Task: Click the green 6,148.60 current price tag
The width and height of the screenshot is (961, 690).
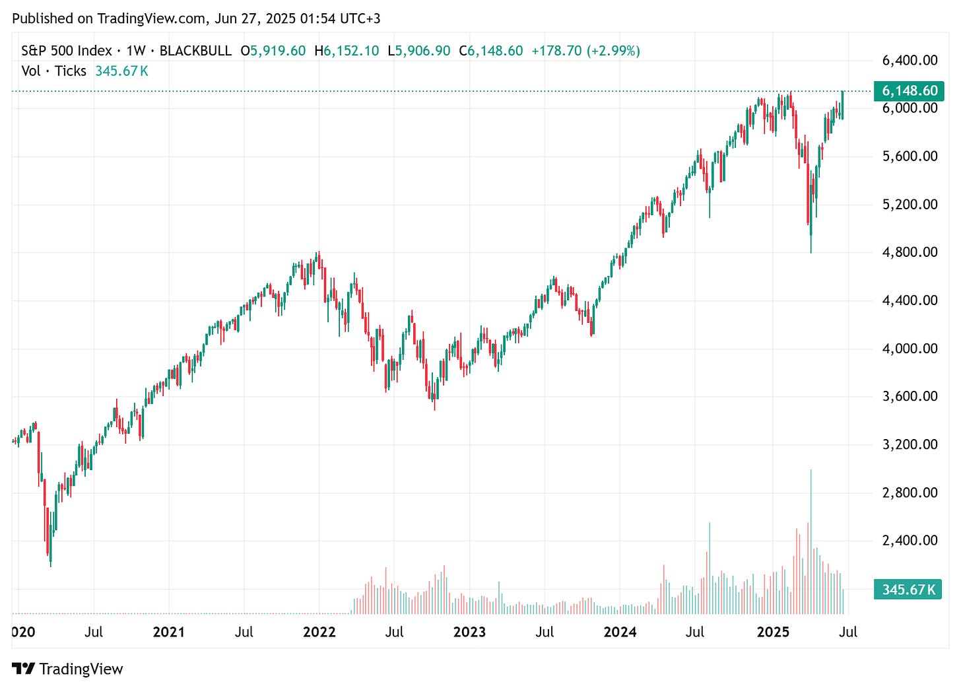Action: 908,91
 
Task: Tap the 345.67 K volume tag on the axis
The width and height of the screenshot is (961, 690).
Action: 908,589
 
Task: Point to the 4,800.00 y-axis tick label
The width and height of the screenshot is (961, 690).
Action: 910,252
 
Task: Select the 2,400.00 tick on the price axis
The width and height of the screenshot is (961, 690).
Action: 910,540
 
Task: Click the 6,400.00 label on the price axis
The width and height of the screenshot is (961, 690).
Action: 910,60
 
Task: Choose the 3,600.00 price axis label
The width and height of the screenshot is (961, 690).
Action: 910,396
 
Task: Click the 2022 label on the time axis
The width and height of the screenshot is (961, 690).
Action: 319,632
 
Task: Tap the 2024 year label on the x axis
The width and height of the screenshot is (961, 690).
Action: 620,632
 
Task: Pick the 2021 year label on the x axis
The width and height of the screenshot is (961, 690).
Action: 168,632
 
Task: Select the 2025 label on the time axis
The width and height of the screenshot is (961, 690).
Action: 773,632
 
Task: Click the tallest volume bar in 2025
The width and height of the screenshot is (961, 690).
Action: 811,541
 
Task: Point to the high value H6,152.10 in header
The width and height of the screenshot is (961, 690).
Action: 347,51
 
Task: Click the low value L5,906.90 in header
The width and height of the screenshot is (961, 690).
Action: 419,51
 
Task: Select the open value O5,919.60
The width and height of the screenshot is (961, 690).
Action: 273,51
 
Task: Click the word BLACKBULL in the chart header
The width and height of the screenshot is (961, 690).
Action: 195,51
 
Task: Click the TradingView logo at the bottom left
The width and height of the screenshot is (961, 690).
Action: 67,669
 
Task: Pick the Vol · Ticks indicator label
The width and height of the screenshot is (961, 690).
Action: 53,71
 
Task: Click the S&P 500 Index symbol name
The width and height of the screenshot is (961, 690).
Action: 66,51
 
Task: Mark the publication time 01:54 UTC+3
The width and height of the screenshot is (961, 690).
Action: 340,18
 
